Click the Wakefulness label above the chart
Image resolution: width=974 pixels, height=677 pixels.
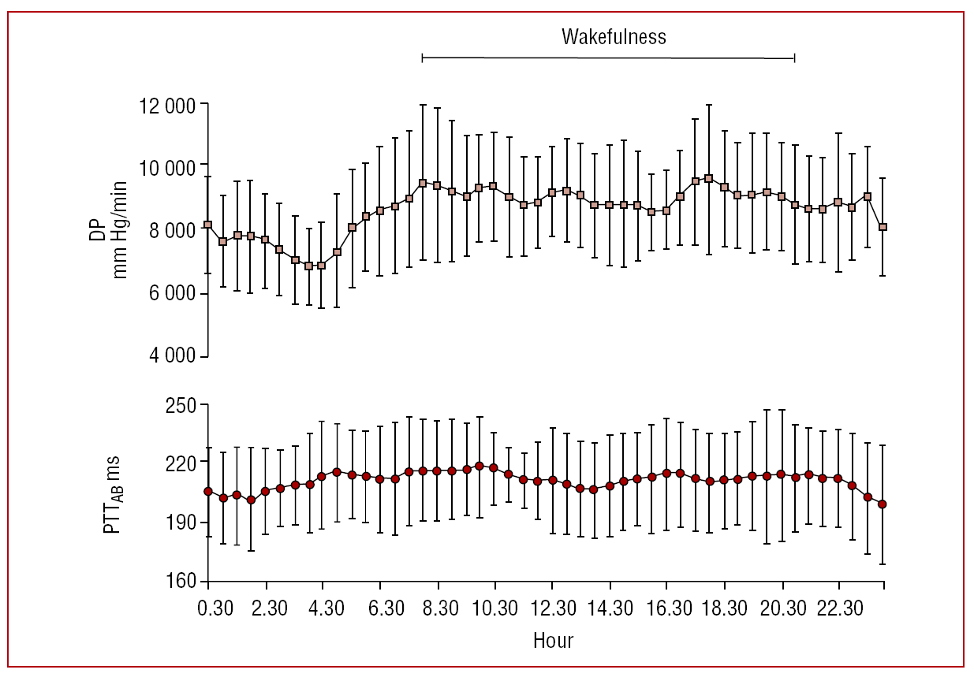[614, 36]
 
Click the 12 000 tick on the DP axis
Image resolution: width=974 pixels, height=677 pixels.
[170, 104]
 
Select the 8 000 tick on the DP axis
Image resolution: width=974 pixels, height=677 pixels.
[170, 230]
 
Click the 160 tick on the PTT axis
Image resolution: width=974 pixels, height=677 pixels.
[182, 582]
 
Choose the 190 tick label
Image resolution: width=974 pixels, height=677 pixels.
[182, 523]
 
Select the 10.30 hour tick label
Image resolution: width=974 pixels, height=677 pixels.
[494, 609]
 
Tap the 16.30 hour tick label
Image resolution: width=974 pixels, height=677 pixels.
[666, 609]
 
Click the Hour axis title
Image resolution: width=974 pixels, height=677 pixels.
[553, 639]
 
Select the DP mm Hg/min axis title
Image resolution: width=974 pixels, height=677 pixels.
[110, 230]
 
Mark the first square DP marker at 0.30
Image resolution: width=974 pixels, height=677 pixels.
[208, 225]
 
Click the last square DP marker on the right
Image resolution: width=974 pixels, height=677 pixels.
[883, 227]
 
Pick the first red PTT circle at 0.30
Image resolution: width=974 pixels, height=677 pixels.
[208, 491]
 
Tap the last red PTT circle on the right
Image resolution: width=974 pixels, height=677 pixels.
[883, 504]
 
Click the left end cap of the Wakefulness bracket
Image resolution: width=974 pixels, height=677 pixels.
[423, 58]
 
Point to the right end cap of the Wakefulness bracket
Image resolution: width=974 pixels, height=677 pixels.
[794, 58]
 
